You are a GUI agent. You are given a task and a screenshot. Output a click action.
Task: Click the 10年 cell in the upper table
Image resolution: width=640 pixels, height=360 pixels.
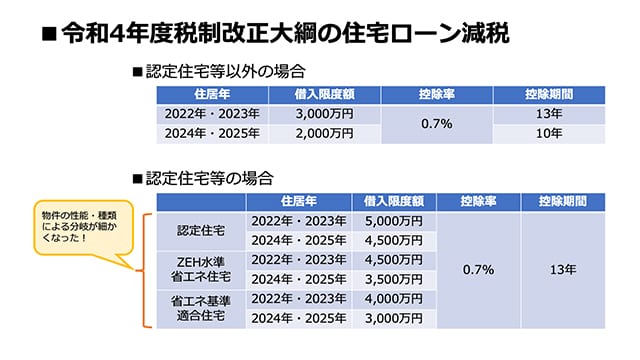pyautogui.click(x=548, y=133)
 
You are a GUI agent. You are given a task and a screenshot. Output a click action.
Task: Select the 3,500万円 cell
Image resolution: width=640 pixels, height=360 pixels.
pyautogui.click(x=393, y=279)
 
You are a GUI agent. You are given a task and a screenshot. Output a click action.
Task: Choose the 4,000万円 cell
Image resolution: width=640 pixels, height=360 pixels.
pyautogui.click(x=393, y=299)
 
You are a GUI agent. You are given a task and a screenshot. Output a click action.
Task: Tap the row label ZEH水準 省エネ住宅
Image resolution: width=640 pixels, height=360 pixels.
pyautogui.click(x=200, y=269)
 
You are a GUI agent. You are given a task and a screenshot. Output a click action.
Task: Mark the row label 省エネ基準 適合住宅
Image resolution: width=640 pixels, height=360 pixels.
pyautogui.click(x=200, y=308)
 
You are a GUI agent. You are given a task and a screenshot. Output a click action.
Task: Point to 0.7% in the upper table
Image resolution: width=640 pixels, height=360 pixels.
pyautogui.click(x=437, y=124)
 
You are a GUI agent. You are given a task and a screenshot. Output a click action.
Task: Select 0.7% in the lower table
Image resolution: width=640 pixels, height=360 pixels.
pyautogui.click(x=477, y=270)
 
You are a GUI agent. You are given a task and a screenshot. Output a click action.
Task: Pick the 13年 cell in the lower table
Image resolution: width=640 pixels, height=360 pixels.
pyautogui.click(x=563, y=270)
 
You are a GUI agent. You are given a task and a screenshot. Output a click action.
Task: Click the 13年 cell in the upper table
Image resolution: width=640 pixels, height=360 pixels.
pyautogui.click(x=548, y=114)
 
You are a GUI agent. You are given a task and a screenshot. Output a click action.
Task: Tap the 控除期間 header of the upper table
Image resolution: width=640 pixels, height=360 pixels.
pyautogui.click(x=548, y=95)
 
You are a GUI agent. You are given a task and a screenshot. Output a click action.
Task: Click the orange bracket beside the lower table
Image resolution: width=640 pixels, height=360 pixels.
pyautogui.click(x=147, y=270)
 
